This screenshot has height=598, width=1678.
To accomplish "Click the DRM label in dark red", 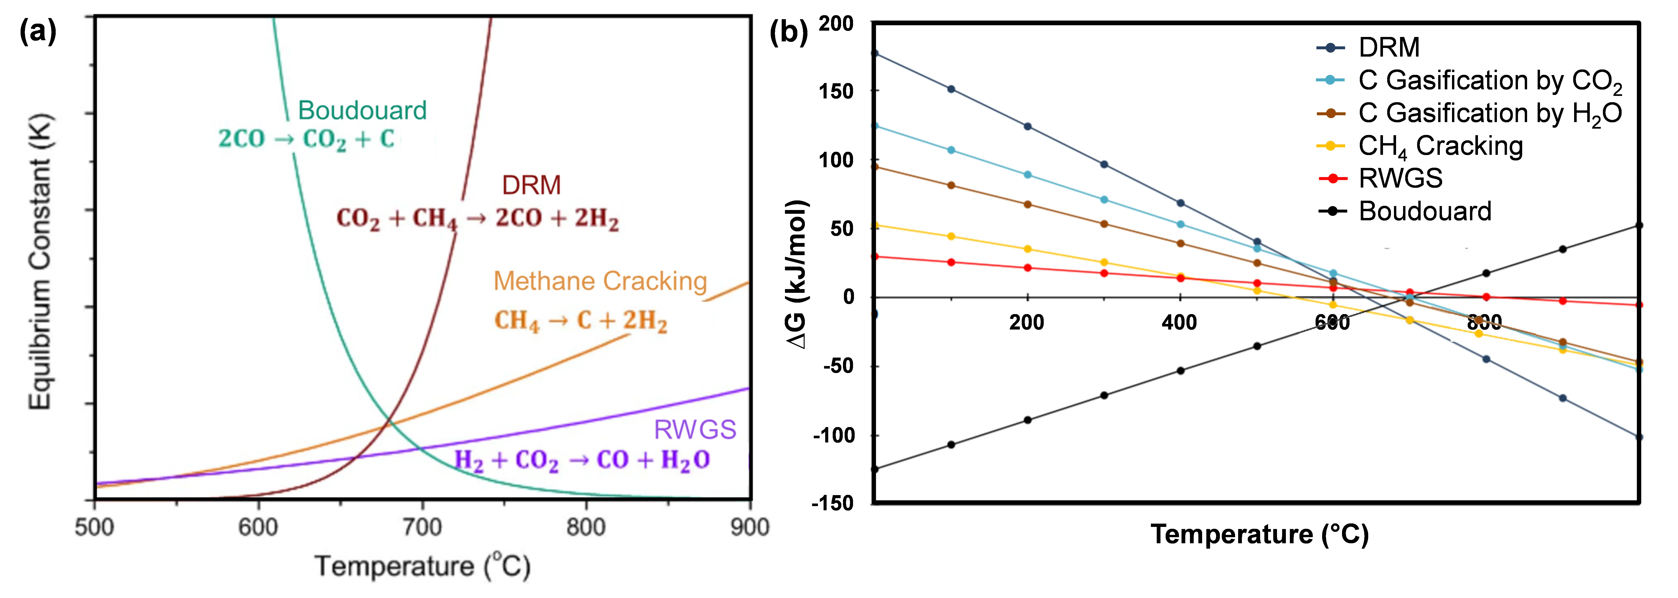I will (x=531, y=186).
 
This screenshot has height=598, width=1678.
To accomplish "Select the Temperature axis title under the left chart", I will (x=422, y=565).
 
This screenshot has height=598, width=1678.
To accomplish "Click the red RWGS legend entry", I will (x=1401, y=178).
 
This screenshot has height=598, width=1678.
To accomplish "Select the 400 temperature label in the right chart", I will (x=1179, y=323).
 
